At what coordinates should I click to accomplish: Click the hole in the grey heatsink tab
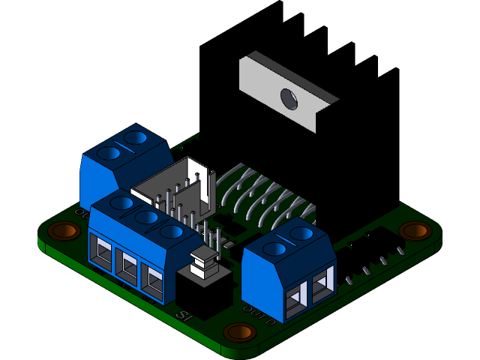[x=288, y=97]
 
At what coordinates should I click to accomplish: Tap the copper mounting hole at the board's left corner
[x=65, y=230]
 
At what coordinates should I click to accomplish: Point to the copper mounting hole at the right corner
[x=414, y=230]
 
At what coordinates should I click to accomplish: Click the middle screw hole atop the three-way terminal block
[x=146, y=217]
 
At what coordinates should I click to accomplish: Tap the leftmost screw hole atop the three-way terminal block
[x=121, y=203]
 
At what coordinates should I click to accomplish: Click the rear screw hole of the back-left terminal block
[x=136, y=137]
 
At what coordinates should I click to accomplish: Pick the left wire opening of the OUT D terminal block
[x=295, y=292]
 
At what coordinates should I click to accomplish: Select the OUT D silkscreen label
[x=259, y=311]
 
